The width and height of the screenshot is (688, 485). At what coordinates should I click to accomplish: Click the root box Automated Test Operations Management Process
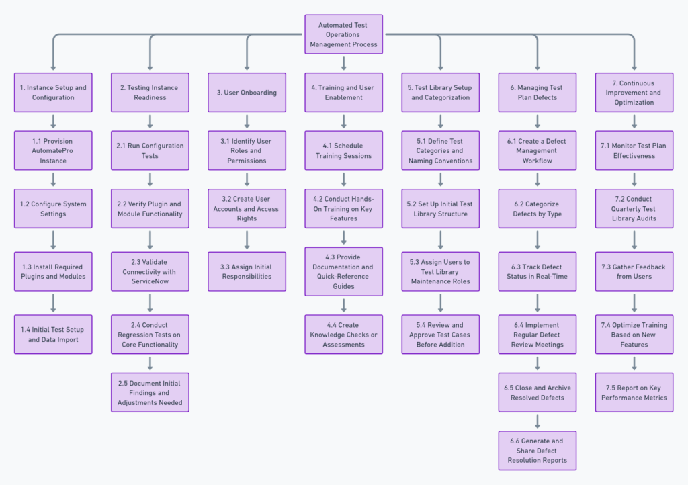(x=343, y=35)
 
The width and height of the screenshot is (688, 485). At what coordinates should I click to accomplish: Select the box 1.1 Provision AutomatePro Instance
(x=53, y=151)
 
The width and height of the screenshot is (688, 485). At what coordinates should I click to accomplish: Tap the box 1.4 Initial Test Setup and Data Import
(x=53, y=335)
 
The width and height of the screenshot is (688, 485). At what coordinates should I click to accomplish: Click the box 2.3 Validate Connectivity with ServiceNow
(x=150, y=271)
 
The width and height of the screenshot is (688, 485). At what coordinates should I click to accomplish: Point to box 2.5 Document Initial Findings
(x=150, y=392)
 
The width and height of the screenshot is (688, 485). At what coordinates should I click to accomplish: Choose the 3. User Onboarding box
(x=247, y=93)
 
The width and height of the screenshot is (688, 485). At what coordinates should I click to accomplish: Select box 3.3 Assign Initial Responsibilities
(x=247, y=271)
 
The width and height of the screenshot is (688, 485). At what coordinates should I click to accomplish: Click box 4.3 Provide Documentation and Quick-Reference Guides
(x=343, y=271)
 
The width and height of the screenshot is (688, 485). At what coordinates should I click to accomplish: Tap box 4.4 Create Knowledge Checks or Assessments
(x=343, y=335)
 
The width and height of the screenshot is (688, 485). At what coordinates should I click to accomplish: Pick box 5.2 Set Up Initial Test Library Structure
(x=440, y=209)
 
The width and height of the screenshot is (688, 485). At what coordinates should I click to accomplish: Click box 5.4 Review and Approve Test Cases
(x=440, y=335)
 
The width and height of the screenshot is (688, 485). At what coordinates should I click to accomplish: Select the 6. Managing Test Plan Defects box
(x=537, y=93)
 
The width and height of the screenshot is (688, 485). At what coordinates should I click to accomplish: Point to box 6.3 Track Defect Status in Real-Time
(x=537, y=271)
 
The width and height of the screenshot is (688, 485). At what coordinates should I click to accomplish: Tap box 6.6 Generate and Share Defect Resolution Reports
(x=537, y=450)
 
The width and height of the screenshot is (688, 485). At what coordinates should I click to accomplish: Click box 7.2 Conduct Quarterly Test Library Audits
(x=634, y=209)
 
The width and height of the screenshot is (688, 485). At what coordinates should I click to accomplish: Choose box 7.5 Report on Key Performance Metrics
(x=634, y=392)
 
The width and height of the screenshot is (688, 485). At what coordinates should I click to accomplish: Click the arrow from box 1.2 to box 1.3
(x=53, y=240)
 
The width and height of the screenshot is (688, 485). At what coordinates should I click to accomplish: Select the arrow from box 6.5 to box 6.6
(x=537, y=421)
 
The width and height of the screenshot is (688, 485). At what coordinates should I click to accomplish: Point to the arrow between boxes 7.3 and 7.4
(x=634, y=303)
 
